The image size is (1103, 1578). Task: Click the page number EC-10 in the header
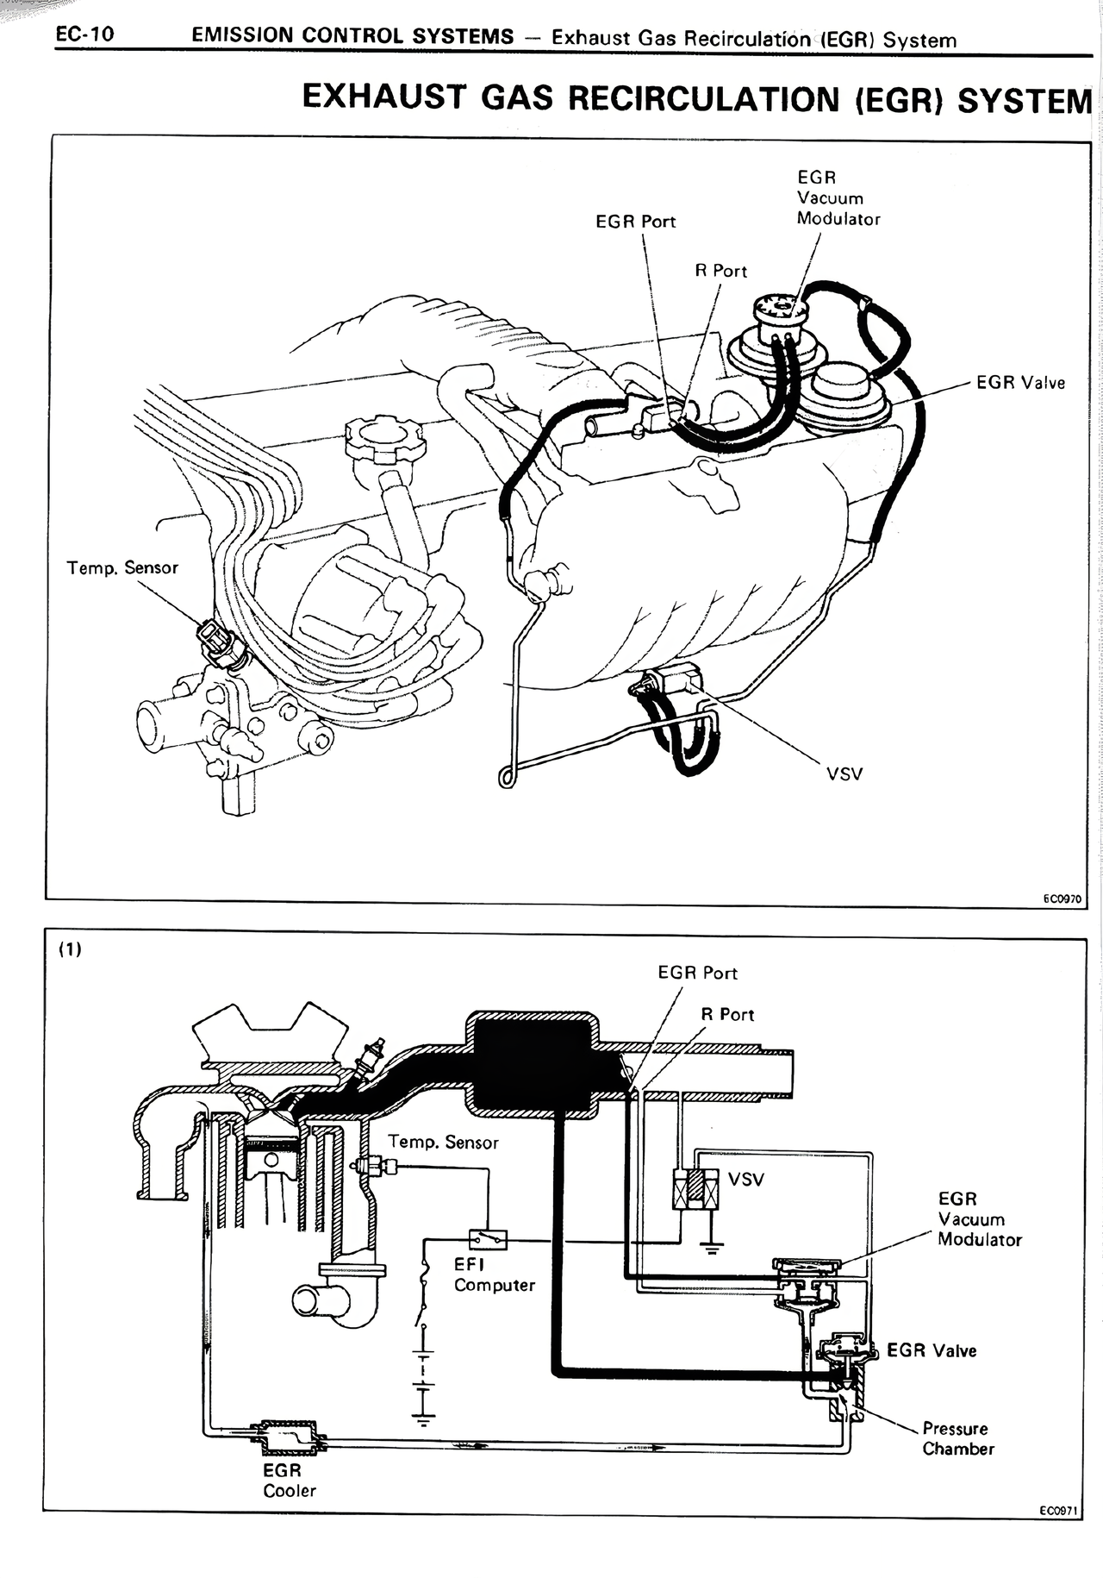pos(84,34)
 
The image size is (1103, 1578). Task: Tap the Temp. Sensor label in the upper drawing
pos(122,567)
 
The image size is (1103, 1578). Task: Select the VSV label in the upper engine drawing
pos(844,773)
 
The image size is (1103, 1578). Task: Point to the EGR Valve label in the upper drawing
pos(1020,382)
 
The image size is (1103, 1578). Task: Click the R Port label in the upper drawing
pos(721,271)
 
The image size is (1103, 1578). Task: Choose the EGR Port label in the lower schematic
pos(697,973)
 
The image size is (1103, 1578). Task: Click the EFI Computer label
pos(494,1274)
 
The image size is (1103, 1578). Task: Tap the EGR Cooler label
pos(290,1481)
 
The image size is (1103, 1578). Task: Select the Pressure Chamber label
pos(958,1438)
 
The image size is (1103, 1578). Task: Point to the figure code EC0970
pos(1061,899)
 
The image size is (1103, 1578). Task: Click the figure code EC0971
pos(1058,1510)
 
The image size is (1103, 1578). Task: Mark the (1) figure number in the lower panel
pos(70,949)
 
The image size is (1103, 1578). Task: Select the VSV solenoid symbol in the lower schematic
pos(695,1191)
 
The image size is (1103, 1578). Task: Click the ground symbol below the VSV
pos(710,1246)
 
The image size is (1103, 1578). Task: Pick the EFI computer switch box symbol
pos(488,1240)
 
